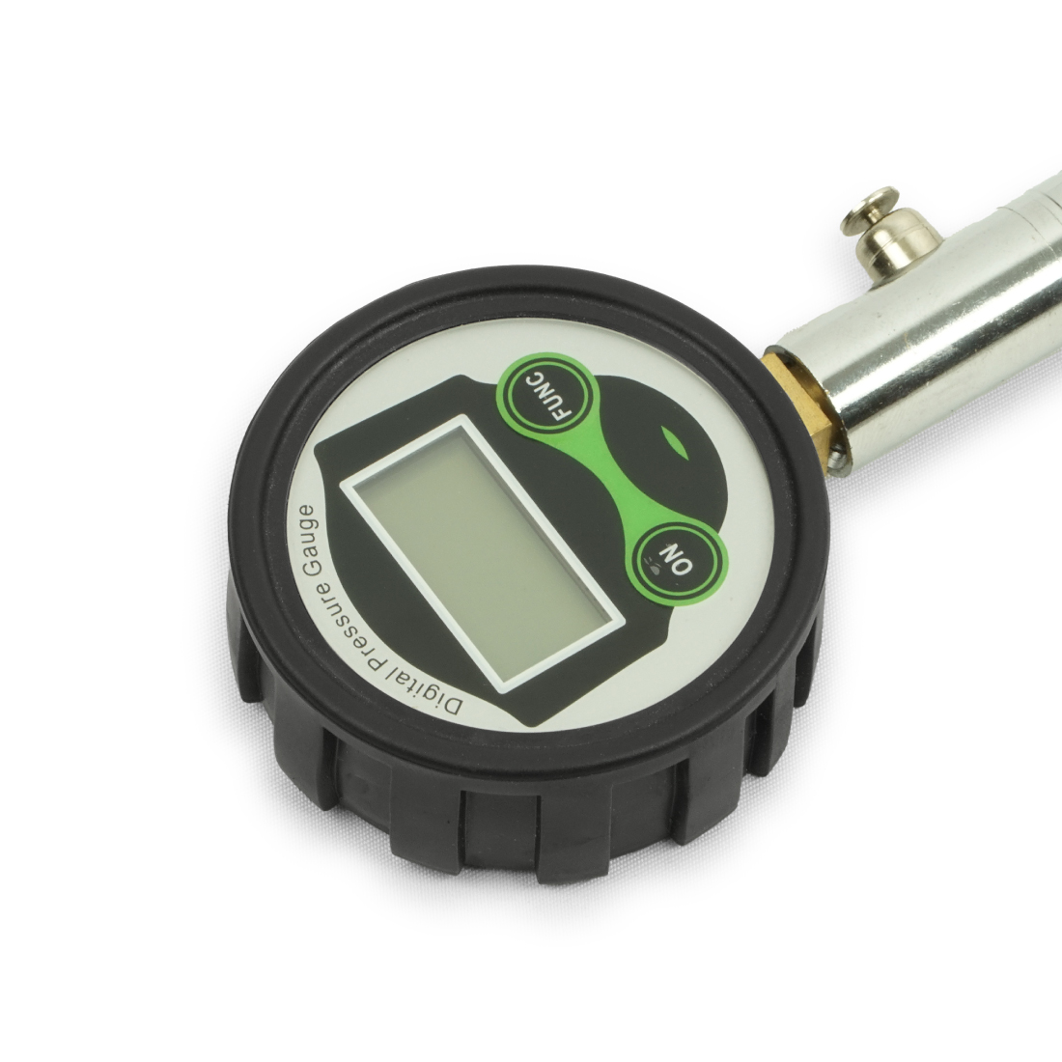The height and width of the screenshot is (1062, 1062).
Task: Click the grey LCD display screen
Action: pyautogui.click(x=481, y=553)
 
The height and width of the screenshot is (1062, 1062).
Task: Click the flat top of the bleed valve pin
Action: pyautogui.click(x=870, y=210)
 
